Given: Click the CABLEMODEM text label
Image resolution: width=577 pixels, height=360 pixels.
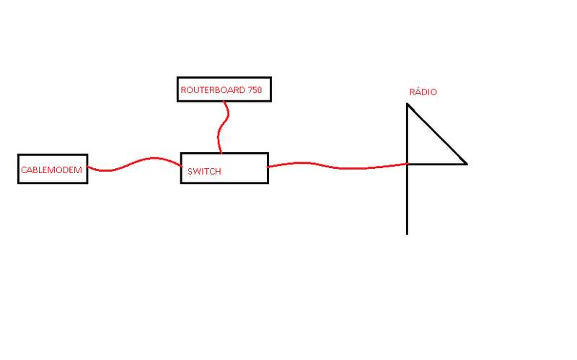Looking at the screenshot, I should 53,169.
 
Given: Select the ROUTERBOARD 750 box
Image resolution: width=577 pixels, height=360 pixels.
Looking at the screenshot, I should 224,89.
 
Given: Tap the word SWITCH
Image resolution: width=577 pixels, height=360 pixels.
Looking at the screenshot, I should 204,172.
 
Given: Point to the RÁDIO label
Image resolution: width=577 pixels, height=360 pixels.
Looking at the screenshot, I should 423,92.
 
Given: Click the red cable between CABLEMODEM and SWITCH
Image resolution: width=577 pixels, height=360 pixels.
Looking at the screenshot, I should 134,164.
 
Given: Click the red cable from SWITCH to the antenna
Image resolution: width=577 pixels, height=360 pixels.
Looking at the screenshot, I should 339,167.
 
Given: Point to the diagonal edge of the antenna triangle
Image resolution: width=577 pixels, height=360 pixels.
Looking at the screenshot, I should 437,133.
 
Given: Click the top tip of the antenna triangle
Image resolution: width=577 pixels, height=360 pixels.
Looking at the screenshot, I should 408,105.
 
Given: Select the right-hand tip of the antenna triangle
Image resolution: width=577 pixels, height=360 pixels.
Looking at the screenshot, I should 466,164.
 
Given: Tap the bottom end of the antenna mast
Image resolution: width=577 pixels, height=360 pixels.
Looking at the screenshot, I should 408,233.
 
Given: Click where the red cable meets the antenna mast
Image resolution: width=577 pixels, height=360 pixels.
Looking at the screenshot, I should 408,164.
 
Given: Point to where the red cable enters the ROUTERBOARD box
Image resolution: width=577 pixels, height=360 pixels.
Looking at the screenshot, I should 225,101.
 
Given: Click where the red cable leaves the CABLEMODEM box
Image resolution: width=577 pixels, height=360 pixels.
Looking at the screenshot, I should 87,168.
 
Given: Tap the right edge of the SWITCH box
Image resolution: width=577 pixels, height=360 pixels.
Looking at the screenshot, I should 268,167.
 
